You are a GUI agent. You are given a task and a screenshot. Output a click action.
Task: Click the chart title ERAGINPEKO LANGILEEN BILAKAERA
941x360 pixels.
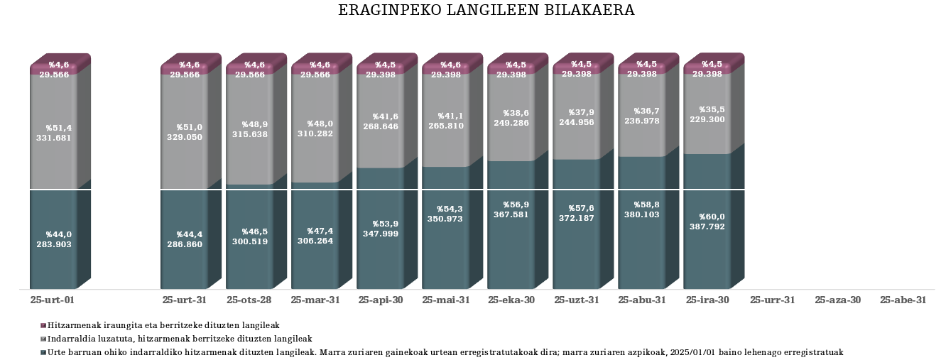click(486, 11)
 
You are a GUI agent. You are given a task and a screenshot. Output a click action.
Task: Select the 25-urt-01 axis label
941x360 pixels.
click(53, 300)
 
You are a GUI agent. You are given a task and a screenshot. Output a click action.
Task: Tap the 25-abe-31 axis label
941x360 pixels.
click(903, 300)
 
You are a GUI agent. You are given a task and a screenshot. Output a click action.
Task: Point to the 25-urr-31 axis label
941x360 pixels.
click(772, 300)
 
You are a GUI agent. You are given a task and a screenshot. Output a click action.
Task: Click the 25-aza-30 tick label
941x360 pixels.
click(837, 300)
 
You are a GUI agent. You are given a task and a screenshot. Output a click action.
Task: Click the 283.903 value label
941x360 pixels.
click(54, 244)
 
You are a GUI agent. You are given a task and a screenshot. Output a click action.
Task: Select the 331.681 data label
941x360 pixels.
click(54, 138)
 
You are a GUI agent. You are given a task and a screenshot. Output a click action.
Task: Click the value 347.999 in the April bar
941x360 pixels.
click(380, 234)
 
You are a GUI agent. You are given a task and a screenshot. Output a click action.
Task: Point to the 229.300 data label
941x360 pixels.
click(707, 120)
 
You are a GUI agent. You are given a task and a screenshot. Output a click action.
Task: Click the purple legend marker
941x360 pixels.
click(43, 325)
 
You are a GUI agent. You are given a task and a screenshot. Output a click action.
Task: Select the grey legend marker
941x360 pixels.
click(43, 339)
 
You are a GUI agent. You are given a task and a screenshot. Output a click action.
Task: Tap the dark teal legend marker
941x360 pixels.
click(43, 352)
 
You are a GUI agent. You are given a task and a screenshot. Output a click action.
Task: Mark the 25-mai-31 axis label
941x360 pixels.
click(445, 300)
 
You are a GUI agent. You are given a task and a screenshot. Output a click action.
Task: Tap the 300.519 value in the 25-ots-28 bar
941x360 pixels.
click(249, 241)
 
